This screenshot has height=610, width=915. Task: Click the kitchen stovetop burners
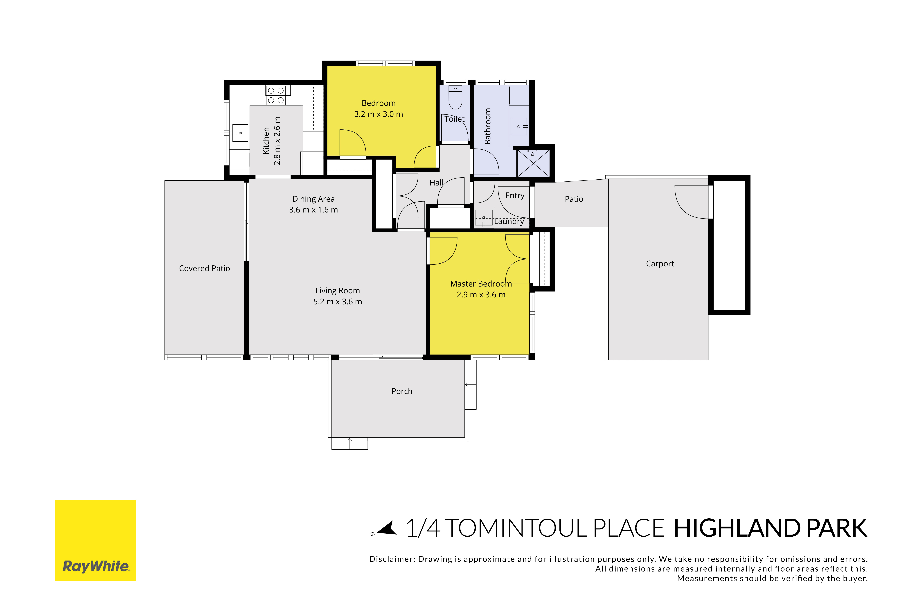(x=276, y=95)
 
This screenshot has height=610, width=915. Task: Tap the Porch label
(x=402, y=391)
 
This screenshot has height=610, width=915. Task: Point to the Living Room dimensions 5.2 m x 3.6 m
(x=338, y=301)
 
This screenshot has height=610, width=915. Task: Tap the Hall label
(x=436, y=183)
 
